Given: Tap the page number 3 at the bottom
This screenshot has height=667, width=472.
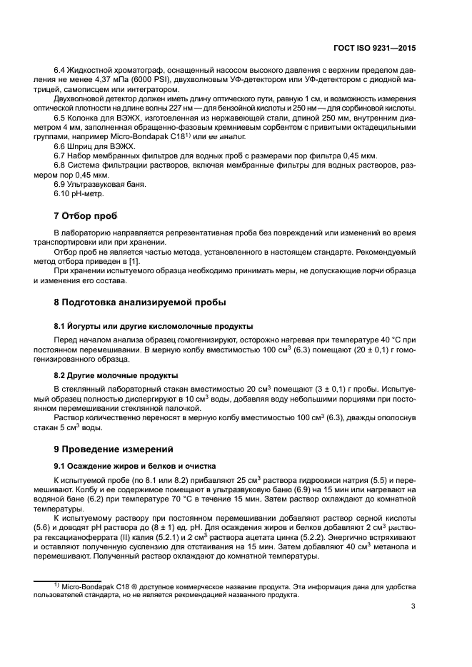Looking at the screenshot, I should (x=413, y=607).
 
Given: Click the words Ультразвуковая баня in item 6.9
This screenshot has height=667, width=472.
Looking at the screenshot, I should (x=106, y=184).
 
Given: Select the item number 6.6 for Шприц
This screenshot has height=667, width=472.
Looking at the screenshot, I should (x=61, y=146).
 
